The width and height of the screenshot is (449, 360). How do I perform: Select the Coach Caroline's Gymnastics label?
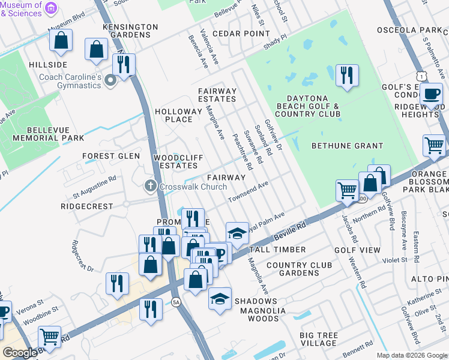point(70,81)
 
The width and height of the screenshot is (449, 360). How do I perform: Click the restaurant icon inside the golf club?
point(347,76)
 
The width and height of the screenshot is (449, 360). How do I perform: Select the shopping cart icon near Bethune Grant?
point(435,145)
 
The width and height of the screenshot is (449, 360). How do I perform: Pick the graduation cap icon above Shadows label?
point(220,299)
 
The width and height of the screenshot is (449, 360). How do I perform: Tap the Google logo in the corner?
point(20,353)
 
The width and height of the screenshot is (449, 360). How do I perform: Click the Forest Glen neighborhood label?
point(111,156)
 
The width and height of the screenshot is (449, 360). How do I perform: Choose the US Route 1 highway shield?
point(424,76)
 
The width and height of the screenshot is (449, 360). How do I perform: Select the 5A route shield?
point(176,302)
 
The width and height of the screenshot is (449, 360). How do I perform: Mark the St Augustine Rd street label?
point(95,187)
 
